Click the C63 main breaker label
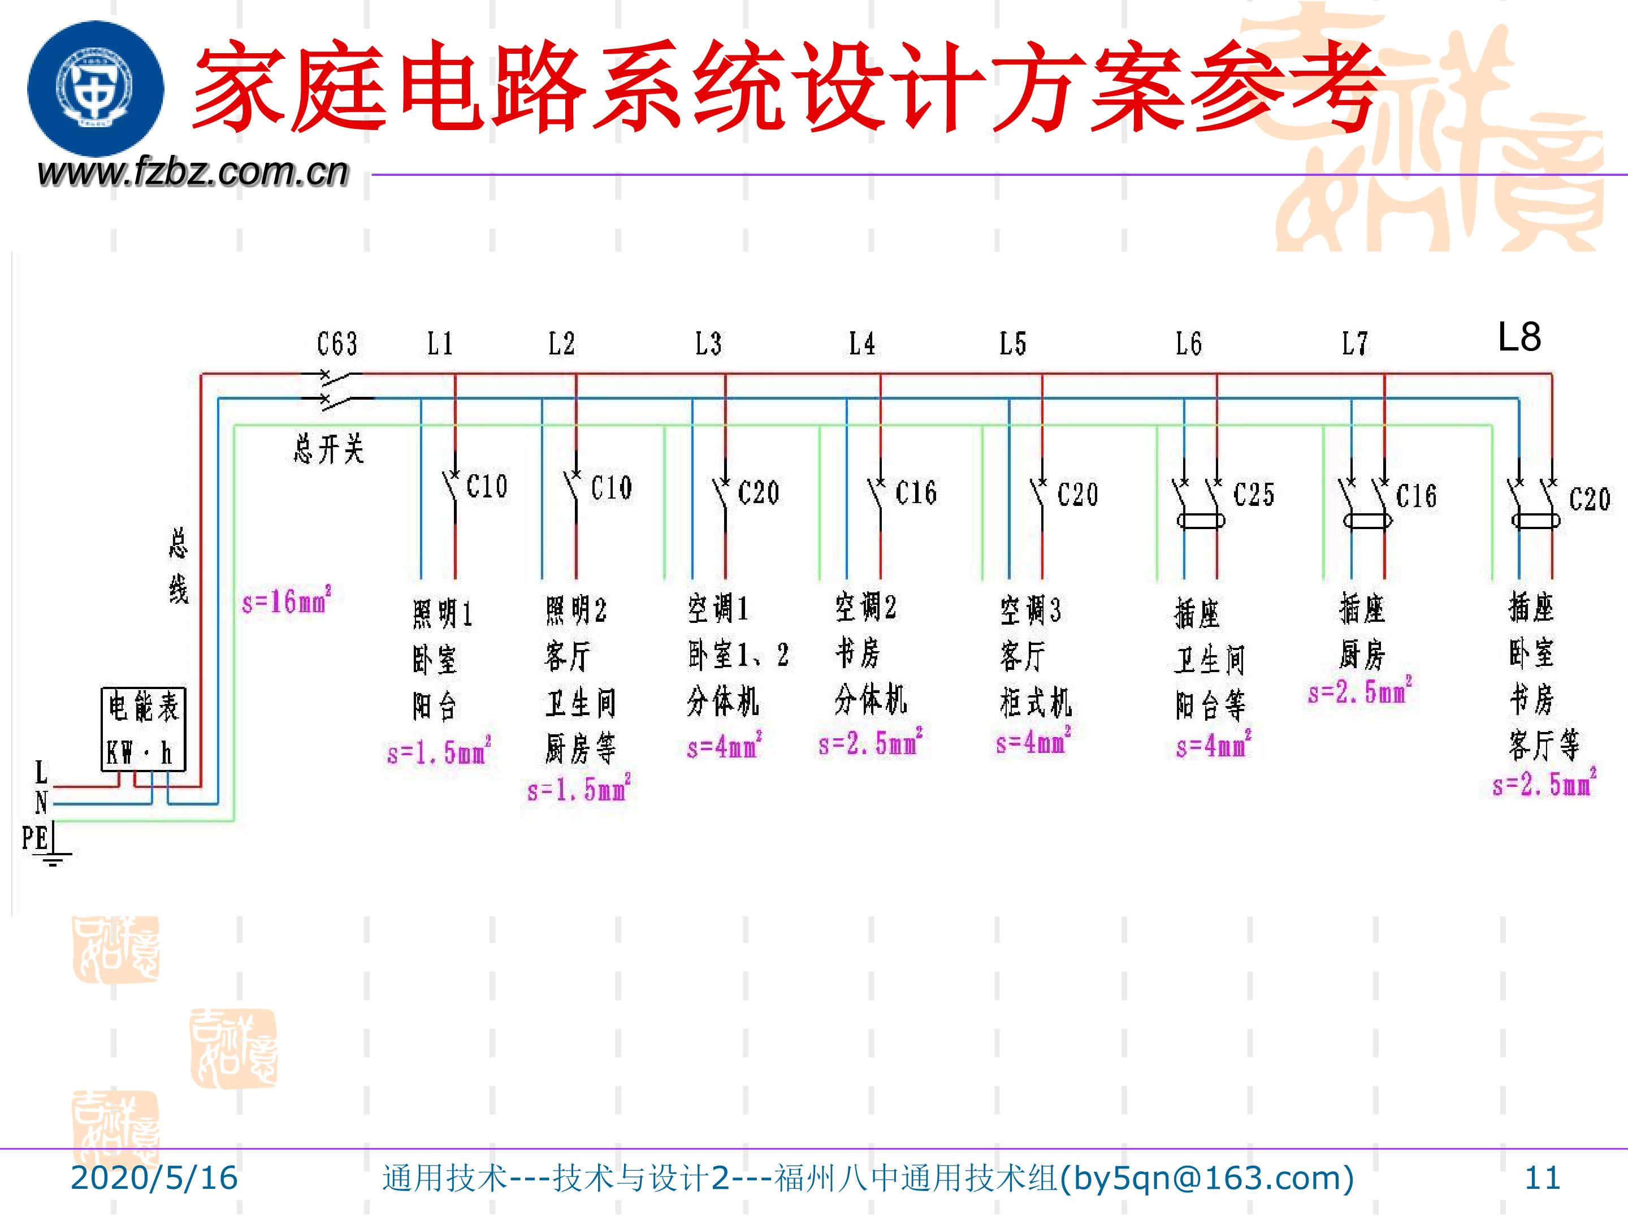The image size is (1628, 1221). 337,344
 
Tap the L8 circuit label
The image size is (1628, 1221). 1519,336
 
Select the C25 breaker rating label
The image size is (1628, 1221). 1253,495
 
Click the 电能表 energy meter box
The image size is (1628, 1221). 143,729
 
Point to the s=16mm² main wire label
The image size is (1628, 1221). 286,601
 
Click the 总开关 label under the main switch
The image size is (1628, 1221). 328,449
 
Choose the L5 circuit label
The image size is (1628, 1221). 1013,344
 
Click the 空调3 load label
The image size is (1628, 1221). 1031,610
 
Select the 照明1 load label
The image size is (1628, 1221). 441,614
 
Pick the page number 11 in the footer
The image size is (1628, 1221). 1542,1177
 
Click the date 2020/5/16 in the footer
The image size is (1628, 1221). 154,1177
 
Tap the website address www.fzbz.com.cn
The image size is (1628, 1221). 192,171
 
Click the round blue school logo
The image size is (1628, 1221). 96,88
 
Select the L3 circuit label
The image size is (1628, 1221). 709,344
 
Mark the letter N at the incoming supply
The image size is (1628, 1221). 41,802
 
